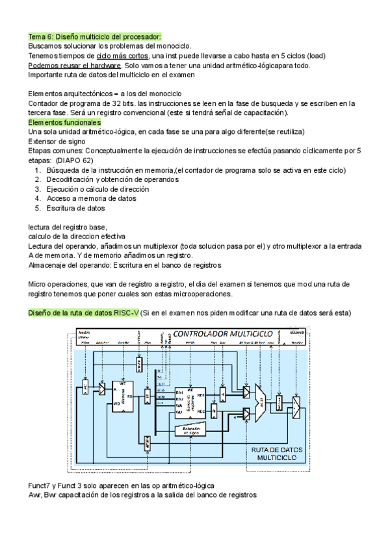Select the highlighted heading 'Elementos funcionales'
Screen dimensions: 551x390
[64, 122]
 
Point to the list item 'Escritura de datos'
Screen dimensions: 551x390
[75, 208]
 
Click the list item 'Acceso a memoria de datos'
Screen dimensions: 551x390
[91, 199]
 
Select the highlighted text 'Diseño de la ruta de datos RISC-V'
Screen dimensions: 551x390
[83, 313]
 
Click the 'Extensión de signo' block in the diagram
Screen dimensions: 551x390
[190, 429]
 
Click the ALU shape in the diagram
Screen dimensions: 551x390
[260, 394]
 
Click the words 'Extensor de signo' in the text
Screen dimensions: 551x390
[57, 141]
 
